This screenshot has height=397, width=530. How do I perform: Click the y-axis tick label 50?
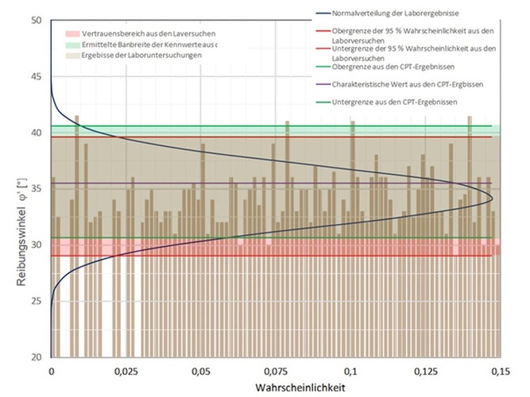click(34, 20)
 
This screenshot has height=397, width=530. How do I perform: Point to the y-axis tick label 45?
click(34, 76)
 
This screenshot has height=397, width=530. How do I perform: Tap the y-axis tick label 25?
click(34, 301)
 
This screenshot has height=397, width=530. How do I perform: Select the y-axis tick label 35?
click(34, 189)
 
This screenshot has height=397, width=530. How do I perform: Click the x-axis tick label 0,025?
click(126, 371)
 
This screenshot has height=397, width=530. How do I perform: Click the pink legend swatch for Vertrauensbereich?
click(71, 36)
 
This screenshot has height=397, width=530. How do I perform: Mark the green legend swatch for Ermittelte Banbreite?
click(71, 46)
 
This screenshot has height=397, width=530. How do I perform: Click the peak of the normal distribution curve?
click(493, 198)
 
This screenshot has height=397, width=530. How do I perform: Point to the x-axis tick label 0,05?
click(201, 371)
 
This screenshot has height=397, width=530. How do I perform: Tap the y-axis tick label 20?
click(34, 357)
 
